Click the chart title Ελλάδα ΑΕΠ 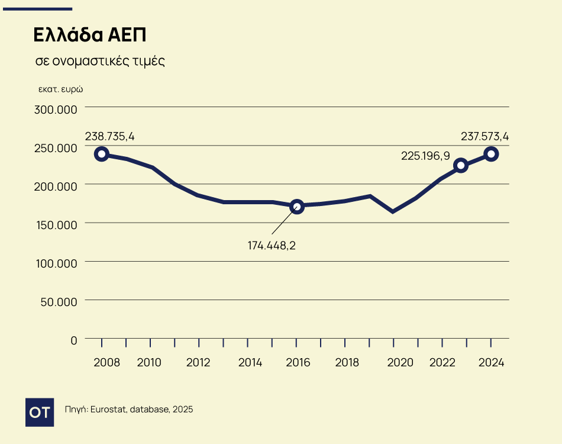(x=89, y=35)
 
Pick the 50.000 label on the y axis (x=58, y=301)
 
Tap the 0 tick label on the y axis (x=74, y=340)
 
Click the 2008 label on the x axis (x=106, y=362)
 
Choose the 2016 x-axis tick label (x=298, y=362)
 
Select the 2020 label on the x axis (x=400, y=362)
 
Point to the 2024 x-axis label (x=492, y=362)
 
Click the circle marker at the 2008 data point (x=102, y=154)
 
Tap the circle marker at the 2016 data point (x=297, y=206)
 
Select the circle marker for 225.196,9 (x=461, y=165)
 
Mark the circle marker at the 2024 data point (x=491, y=154)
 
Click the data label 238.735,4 (x=110, y=137)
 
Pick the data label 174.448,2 (x=272, y=244)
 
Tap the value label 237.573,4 (x=485, y=137)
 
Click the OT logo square (x=40, y=412)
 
